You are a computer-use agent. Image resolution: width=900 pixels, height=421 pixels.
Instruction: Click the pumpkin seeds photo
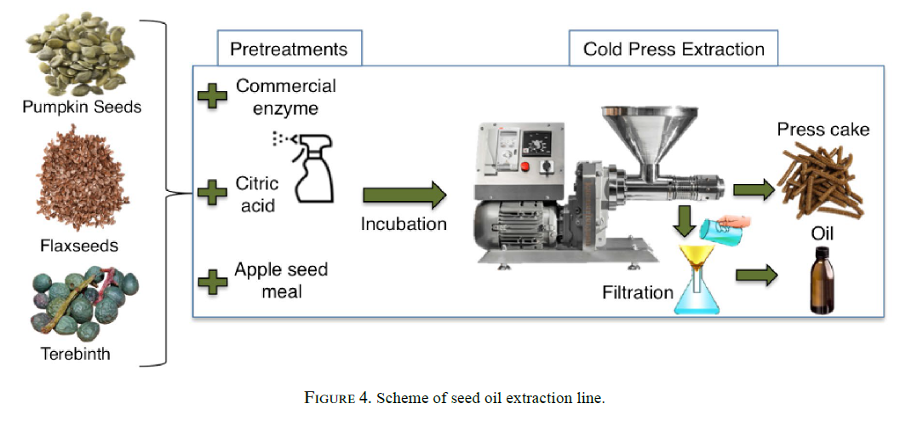(x=79, y=55)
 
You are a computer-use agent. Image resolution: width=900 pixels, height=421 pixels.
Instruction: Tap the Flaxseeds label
(x=79, y=245)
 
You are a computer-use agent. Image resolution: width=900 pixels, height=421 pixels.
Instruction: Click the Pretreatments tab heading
(x=289, y=49)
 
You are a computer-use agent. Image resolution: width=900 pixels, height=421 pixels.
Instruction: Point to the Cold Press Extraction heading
(x=674, y=49)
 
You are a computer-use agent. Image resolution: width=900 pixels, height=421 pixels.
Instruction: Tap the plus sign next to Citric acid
(x=212, y=193)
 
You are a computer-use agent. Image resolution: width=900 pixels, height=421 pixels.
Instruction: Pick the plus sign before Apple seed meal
(x=212, y=281)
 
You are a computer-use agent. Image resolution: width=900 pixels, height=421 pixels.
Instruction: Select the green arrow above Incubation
(x=404, y=195)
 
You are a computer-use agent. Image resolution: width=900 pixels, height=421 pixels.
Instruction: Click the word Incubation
(x=404, y=224)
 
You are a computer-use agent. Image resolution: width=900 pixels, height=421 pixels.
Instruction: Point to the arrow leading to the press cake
(x=754, y=189)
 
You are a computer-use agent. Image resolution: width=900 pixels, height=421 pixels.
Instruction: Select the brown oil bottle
(x=821, y=280)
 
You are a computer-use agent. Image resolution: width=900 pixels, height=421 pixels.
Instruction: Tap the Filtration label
(x=637, y=293)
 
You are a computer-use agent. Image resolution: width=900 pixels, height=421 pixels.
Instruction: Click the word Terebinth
(x=75, y=353)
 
